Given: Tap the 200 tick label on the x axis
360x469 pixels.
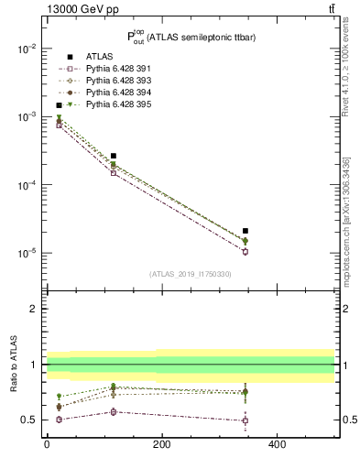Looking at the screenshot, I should pyautogui.click(x=161, y=444).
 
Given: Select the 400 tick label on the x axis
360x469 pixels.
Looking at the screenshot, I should pyautogui.click(x=276, y=444).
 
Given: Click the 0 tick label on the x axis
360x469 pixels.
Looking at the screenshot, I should pyautogui.click(x=47, y=444).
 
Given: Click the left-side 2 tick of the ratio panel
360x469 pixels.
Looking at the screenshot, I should pyautogui.click(x=34, y=310).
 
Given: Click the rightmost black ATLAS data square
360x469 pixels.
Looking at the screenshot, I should pyautogui.click(x=245, y=231).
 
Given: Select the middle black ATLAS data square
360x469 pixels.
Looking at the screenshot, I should pyautogui.click(x=114, y=156).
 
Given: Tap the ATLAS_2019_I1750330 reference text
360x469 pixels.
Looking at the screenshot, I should pyautogui.click(x=191, y=274).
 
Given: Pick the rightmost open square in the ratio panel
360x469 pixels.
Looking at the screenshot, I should pyautogui.click(x=245, y=420).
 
